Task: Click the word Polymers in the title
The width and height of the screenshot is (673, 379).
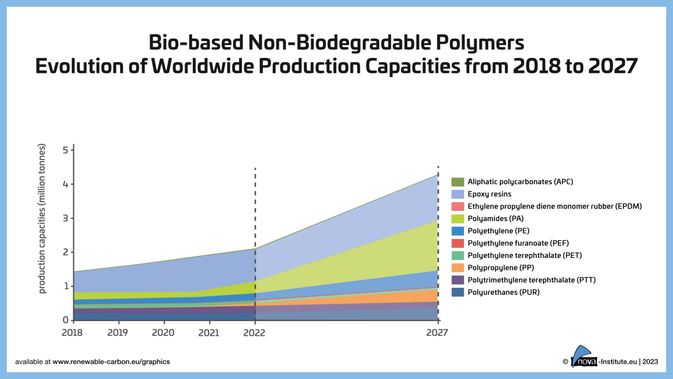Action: click(479, 43)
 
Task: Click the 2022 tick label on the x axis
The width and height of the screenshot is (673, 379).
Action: click(254, 333)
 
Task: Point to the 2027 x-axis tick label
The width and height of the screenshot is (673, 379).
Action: click(437, 333)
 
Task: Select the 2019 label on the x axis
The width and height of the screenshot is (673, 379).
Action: click(117, 333)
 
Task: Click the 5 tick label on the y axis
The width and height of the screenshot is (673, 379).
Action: click(65, 150)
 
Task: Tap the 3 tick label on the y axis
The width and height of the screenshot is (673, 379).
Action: click(65, 218)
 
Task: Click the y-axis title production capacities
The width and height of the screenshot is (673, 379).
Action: click(42, 218)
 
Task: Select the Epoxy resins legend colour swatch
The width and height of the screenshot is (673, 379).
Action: click(457, 194)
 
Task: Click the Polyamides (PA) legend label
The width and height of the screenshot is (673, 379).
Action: click(496, 218)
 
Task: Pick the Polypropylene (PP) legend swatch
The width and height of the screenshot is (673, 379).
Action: click(457, 268)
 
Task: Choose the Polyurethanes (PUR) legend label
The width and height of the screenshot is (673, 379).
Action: click(503, 292)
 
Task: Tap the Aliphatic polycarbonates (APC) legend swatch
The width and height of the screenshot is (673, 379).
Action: click(457, 182)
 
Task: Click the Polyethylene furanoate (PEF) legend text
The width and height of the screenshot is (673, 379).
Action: click(518, 243)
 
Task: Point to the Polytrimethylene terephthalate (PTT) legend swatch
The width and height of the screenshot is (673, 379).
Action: click(457, 280)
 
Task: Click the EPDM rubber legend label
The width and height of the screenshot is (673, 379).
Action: click(554, 206)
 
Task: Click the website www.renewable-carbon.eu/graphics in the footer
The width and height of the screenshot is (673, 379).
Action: click(111, 362)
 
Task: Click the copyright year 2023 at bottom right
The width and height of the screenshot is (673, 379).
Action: click(650, 362)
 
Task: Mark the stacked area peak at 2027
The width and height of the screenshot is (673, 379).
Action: click(438, 175)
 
